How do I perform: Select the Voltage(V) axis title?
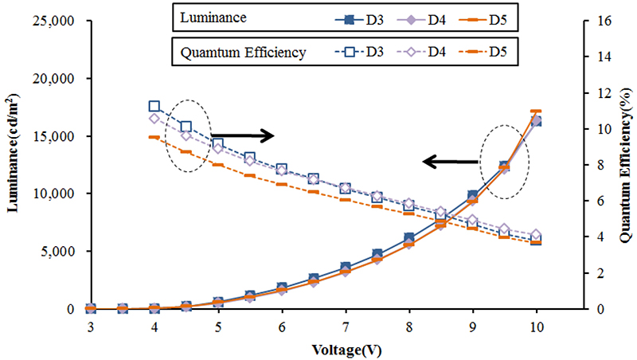(x=314, y=348)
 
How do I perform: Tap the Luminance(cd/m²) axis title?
(x=14, y=165)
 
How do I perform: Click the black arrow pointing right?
(x=243, y=135)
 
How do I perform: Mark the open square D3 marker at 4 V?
(x=154, y=107)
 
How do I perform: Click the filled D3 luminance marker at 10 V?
(x=536, y=121)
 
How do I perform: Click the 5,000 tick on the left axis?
(x=54, y=252)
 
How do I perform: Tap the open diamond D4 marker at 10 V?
(x=536, y=235)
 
